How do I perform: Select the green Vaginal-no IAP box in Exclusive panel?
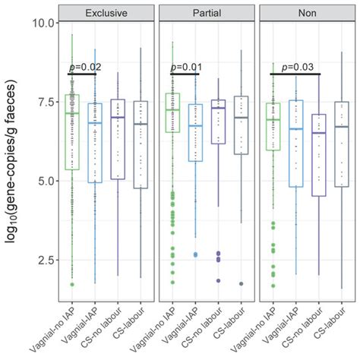[x=71, y=131]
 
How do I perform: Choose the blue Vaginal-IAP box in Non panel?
[x=295, y=144]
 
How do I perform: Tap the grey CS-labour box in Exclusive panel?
[x=141, y=144]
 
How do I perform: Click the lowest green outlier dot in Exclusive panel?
[x=71, y=284]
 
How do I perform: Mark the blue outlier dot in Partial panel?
[x=195, y=254]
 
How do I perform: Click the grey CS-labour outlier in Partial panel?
[x=242, y=283]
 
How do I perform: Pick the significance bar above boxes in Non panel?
[x=295, y=74]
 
